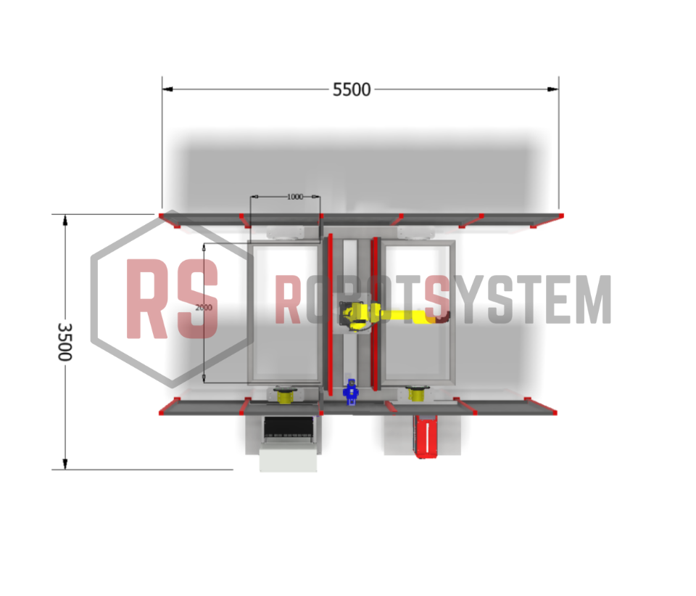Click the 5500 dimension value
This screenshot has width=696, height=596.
[352, 90]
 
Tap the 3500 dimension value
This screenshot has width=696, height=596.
[65, 342]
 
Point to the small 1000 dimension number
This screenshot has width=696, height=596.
[295, 197]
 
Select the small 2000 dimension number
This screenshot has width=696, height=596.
[204, 307]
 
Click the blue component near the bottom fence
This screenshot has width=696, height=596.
[351, 392]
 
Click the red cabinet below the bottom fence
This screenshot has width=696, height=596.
[426, 436]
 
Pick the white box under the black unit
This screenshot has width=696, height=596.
[289, 459]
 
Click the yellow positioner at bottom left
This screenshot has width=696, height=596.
[286, 395]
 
